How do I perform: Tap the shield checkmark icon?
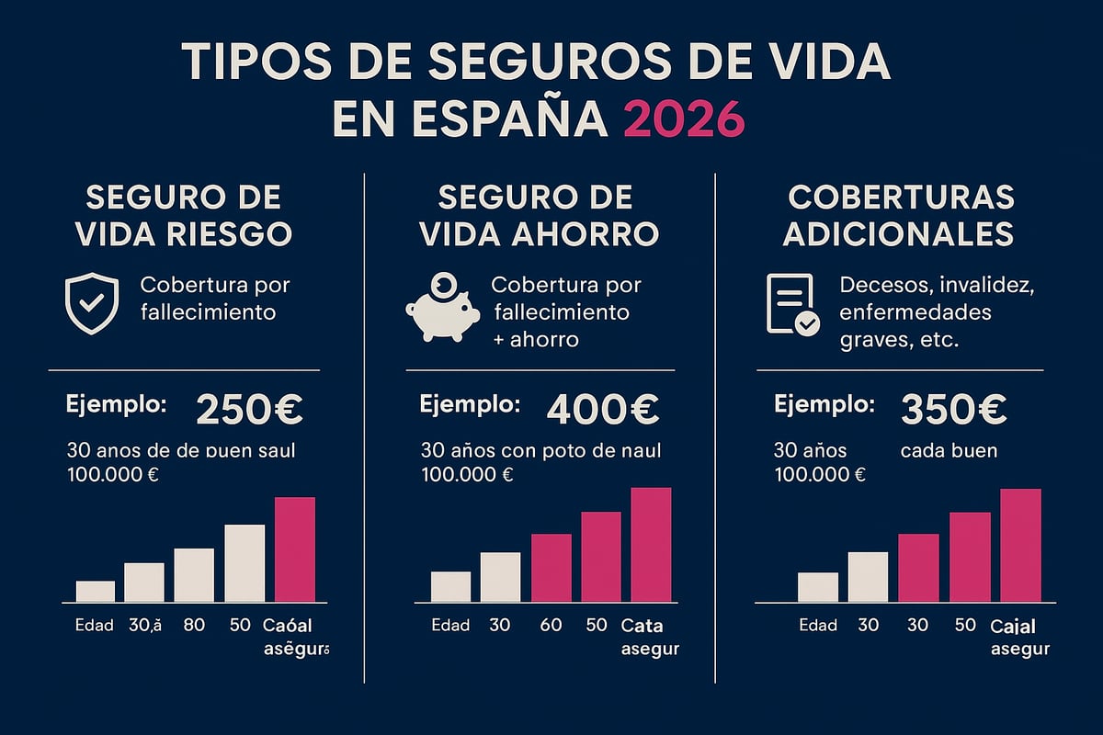point(91,303)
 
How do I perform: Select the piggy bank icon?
point(442,309)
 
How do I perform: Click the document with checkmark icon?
point(791,305)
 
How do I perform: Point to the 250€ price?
point(249,410)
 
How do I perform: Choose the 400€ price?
point(603,411)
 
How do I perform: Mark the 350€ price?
point(953,410)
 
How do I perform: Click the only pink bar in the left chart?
point(295,549)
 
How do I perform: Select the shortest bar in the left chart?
point(96,591)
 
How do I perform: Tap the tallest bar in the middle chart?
point(651,544)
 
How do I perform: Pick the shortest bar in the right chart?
point(817,587)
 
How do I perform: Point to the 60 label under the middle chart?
point(550,626)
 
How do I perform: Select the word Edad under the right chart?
point(817,626)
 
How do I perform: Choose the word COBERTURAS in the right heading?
point(901,197)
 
